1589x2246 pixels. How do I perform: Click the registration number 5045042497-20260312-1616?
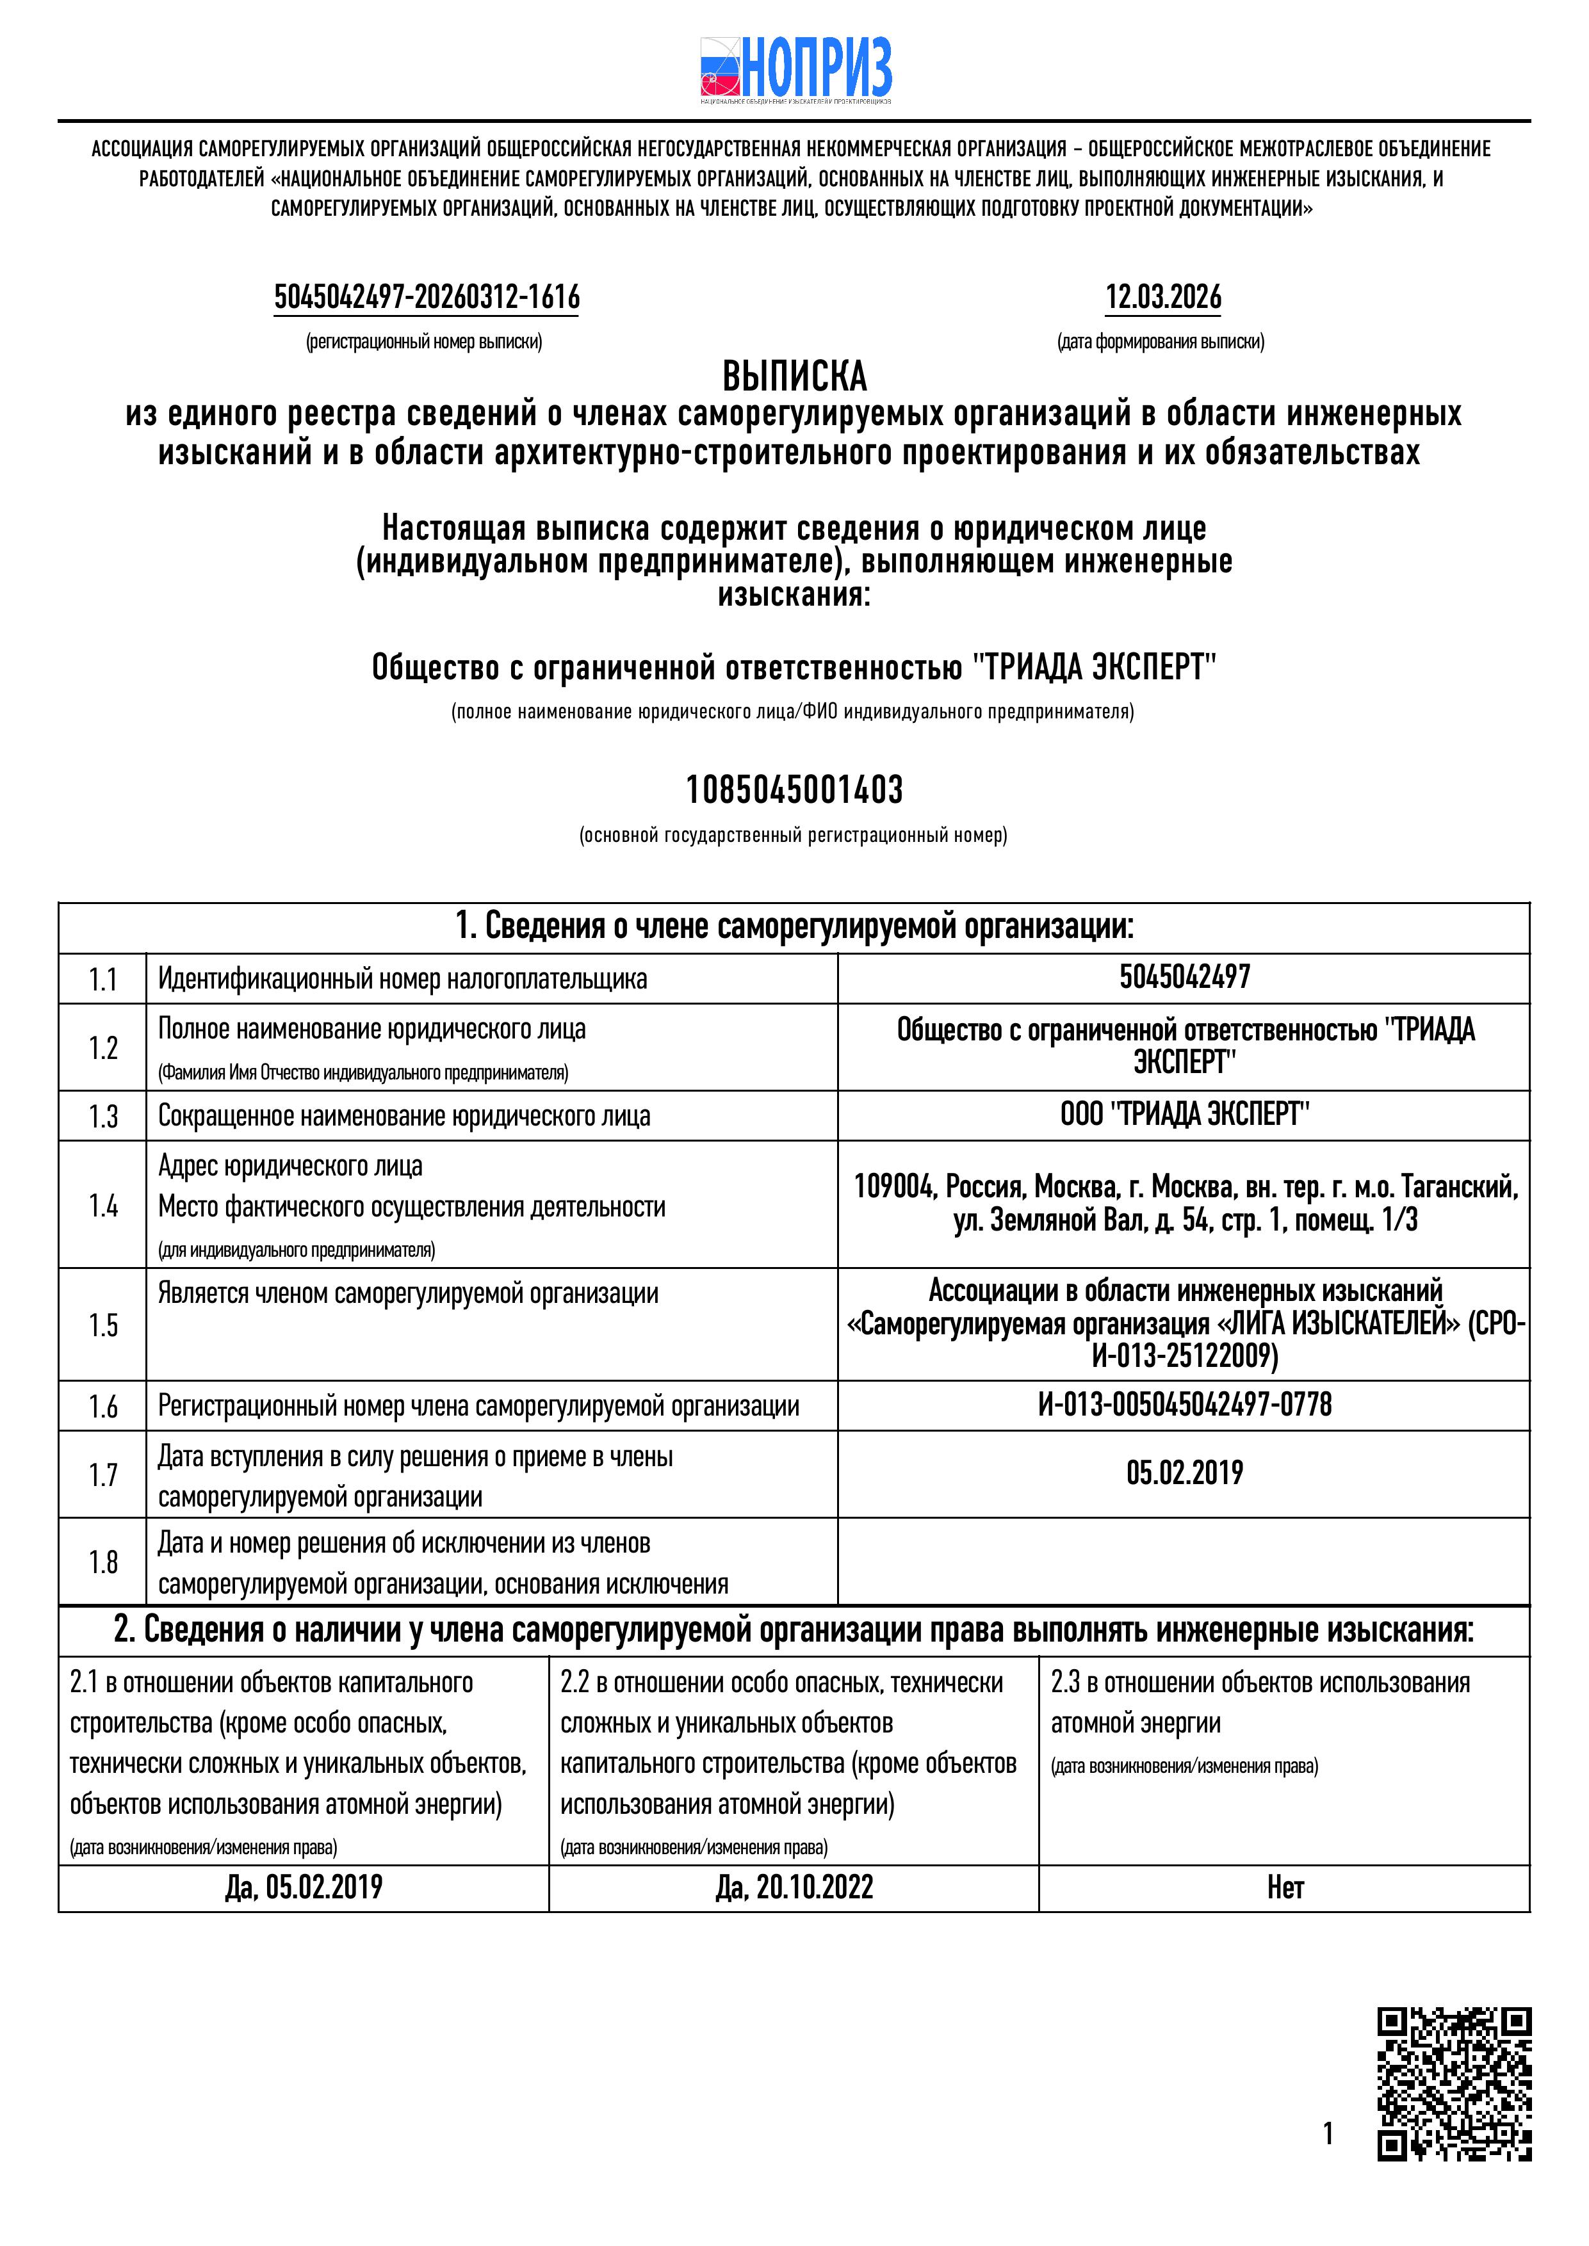click(x=427, y=296)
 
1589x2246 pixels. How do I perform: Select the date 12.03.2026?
click(x=1162, y=296)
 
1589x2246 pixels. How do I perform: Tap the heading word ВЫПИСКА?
click(x=794, y=376)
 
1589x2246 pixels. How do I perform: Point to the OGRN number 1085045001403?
click(x=794, y=789)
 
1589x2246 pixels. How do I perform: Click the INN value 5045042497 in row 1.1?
click(x=1184, y=977)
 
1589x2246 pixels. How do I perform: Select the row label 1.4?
click(x=102, y=1206)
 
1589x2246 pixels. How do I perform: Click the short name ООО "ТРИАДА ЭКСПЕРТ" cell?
click(x=1184, y=1114)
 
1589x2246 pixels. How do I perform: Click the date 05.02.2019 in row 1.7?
click(x=1184, y=1473)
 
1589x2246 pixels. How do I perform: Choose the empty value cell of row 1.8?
click(x=1184, y=1562)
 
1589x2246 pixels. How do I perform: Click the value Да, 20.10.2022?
click(x=794, y=1887)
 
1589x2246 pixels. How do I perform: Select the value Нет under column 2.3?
click(x=1285, y=1887)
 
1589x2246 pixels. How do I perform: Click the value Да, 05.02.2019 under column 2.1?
click(x=304, y=1887)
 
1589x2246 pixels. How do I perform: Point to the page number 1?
click(x=1328, y=2133)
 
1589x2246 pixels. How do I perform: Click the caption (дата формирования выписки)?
click(x=1161, y=343)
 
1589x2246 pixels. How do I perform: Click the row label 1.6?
click(x=102, y=1407)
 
